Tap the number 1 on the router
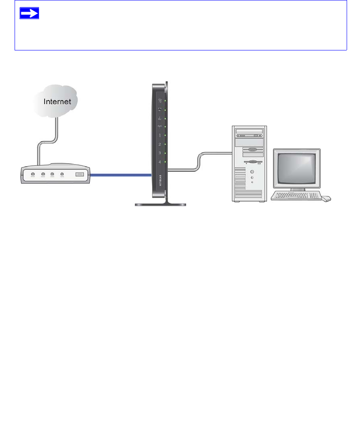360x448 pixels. (159, 135)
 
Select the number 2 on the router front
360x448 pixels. (159, 144)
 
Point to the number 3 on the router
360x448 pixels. (159, 153)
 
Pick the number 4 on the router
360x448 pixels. (159, 162)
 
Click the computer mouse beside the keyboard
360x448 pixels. (326, 198)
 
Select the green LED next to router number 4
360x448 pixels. (165, 162)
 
